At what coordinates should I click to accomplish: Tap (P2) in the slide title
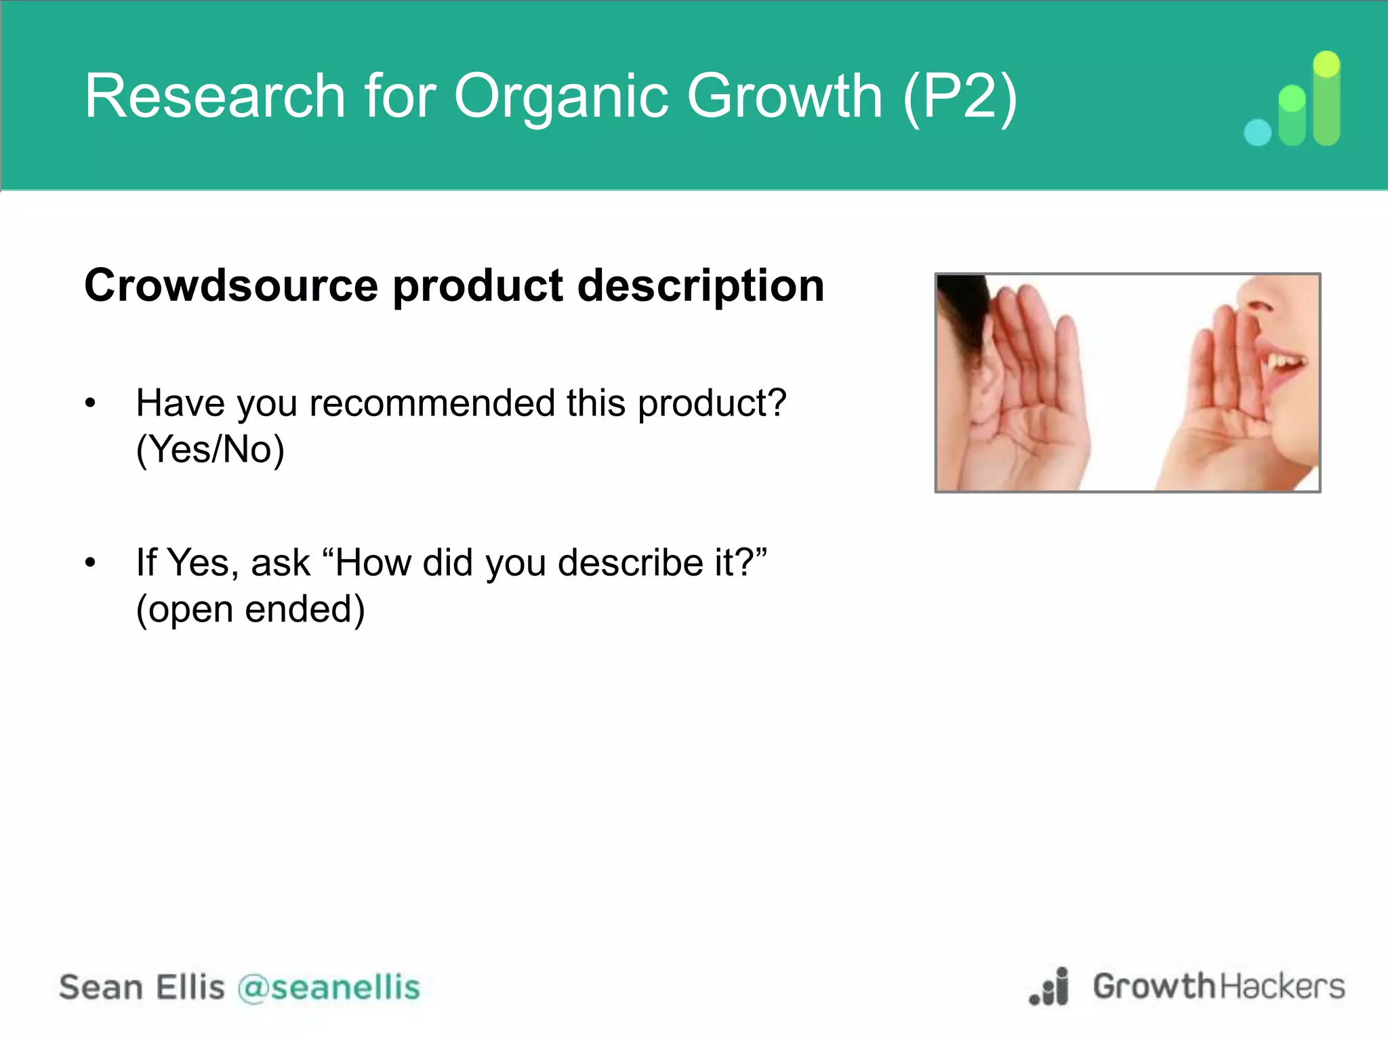pyautogui.click(x=960, y=96)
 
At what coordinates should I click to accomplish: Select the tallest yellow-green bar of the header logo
pyautogui.click(x=1326, y=98)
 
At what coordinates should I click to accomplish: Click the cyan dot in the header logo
pyautogui.click(x=1257, y=132)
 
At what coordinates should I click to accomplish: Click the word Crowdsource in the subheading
pyautogui.click(x=230, y=285)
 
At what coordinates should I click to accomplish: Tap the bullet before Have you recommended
pyautogui.click(x=91, y=404)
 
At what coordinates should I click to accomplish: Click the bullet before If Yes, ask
pyautogui.click(x=91, y=563)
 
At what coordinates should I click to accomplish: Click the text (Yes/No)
pyautogui.click(x=210, y=449)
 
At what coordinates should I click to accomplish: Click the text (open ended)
pyautogui.click(x=250, y=609)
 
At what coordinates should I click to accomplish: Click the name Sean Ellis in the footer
pyautogui.click(x=142, y=987)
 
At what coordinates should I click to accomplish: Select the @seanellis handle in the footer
pyautogui.click(x=329, y=987)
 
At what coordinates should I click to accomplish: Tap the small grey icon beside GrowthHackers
pyautogui.click(x=1050, y=987)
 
